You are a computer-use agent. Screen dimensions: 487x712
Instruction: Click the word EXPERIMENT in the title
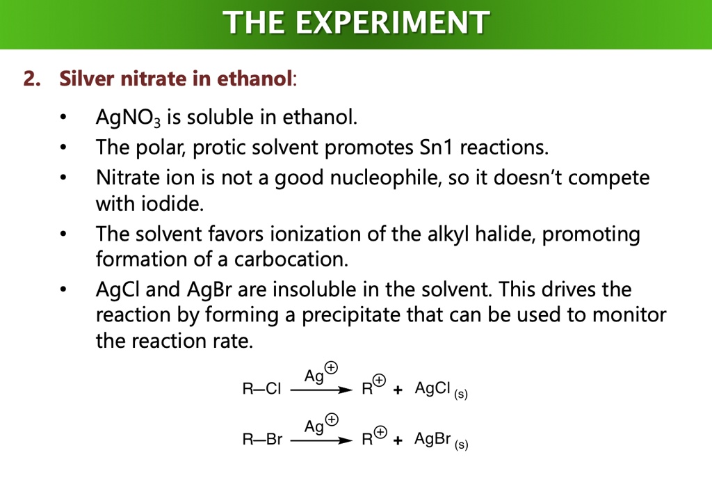[x=391, y=24]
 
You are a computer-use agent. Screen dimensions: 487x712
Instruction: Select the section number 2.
[x=31, y=79]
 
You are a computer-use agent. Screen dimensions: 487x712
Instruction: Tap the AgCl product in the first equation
[x=433, y=389]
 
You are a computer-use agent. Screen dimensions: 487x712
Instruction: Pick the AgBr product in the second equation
[x=433, y=439]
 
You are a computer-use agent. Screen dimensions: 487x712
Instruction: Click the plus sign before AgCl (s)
[x=398, y=390]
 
